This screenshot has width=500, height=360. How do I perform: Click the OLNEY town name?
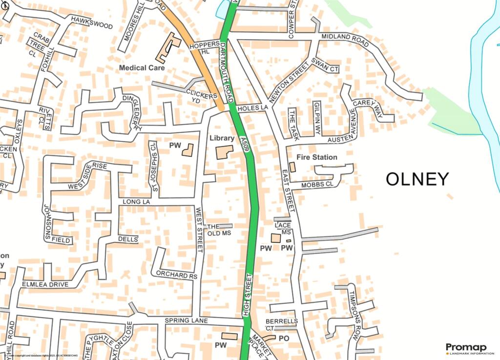pyautogui.click(x=417, y=179)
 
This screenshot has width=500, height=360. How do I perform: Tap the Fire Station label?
pyautogui.click(x=317, y=157)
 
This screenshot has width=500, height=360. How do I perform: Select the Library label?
pyautogui.click(x=222, y=139)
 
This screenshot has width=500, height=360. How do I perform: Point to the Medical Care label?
pyautogui.click(x=142, y=68)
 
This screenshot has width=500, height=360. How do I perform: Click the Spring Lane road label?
pyautogui.click(x=186, y=321)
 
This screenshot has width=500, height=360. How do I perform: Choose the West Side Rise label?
pyautogui.click(x=87, y=176)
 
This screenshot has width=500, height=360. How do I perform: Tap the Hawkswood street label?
pyautogui.click(x=91, y=22)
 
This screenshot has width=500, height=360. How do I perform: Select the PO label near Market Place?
pyautogui.click(x=284, y=338)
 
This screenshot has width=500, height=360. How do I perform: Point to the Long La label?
pyautogui.click(x=134, y=202)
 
